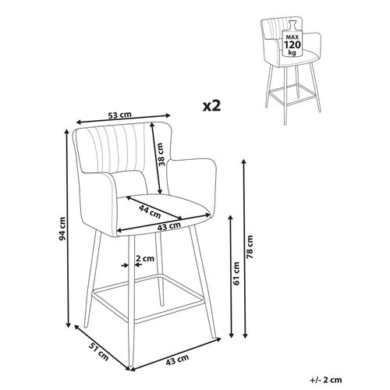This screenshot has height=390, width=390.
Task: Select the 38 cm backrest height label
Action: click(161, 160)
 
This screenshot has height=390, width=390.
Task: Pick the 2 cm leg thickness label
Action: click(144, 258)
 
